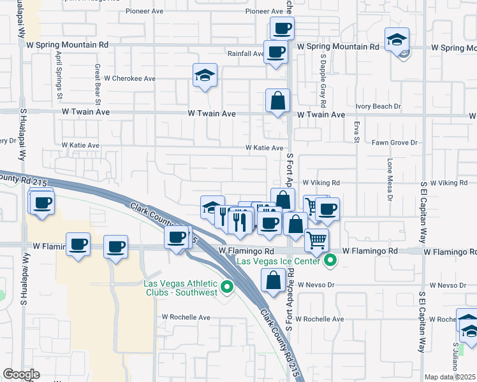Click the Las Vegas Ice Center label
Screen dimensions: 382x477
click(278, 261)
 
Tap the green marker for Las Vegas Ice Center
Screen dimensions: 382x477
click(330, 260)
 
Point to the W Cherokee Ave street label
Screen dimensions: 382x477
click(129, 79)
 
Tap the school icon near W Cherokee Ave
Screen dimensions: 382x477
click(205, 76)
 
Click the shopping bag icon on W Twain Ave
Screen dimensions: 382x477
click(278, 101)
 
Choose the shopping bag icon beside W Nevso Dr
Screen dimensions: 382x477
click(273, 281)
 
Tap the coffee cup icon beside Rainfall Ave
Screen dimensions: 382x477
click(275, 53)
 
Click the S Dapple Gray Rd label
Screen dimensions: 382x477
click(323, 79)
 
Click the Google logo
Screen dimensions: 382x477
click(21, 374)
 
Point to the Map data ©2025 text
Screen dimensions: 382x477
click(450, 377)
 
